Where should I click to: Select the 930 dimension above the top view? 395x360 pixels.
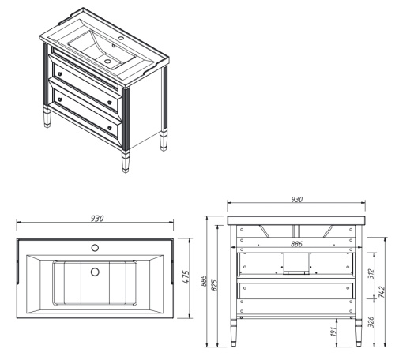click(96, 218)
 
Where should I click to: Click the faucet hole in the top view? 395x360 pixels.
click(95, 248)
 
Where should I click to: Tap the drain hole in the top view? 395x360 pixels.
click(95, 272)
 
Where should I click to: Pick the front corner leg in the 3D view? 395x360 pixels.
click(125, 134)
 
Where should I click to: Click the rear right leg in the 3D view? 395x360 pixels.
click(164, 111)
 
